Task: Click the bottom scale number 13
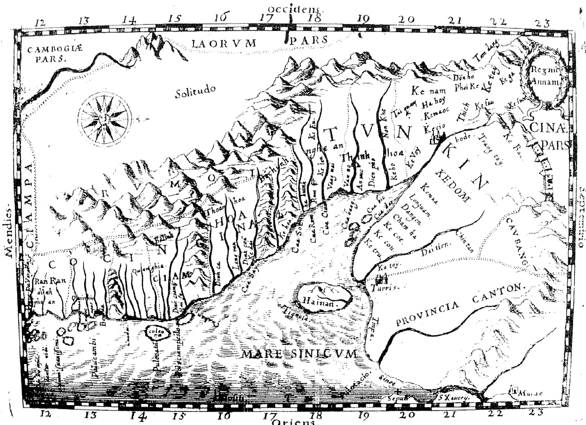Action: tap(91, 415)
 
